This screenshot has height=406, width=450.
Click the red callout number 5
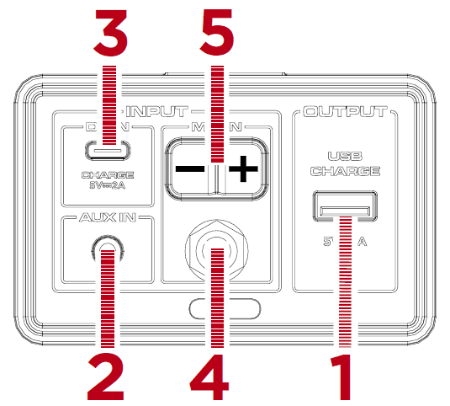click(218, 34)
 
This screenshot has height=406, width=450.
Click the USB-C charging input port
click(107, 152)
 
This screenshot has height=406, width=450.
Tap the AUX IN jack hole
click(107, 249)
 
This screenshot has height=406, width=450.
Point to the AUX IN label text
click(107, 217)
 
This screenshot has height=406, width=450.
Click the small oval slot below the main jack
click(218, 308)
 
